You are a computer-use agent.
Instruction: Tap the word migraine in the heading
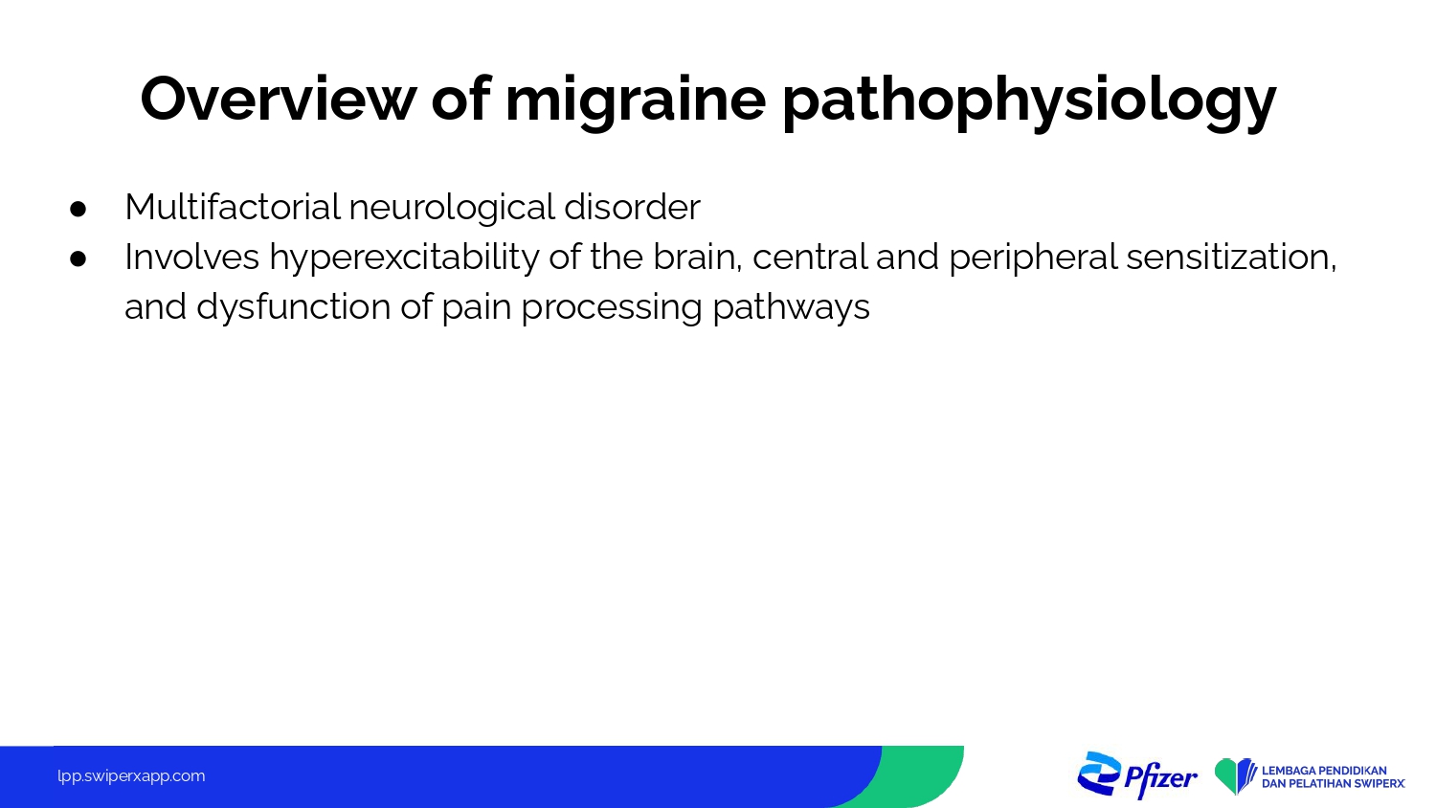coord(636,102)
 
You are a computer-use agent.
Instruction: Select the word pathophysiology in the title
coord(1029,102)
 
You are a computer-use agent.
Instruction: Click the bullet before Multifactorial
coord(79,209)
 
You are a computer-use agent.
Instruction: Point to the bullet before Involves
coord(79,258)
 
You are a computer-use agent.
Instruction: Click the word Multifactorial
coord(233,207)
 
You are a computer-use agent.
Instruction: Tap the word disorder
coord(632,207)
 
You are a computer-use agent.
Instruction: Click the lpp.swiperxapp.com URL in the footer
coord(131,776)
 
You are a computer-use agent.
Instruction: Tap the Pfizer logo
coord(1137,775)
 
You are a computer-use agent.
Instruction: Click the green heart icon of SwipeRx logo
coord(1229,776)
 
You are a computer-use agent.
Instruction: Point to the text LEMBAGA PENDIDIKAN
coord(1324,770)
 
